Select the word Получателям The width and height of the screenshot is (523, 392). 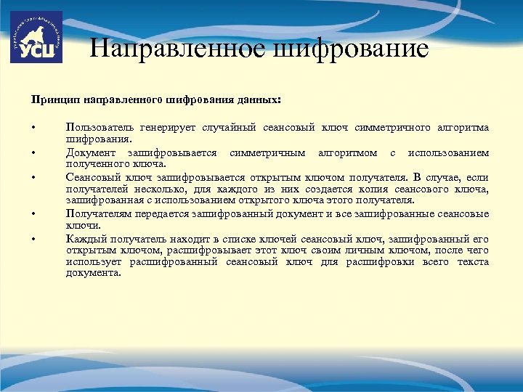tap(95, 213)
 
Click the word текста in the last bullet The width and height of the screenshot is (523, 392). tap(473, 261)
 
